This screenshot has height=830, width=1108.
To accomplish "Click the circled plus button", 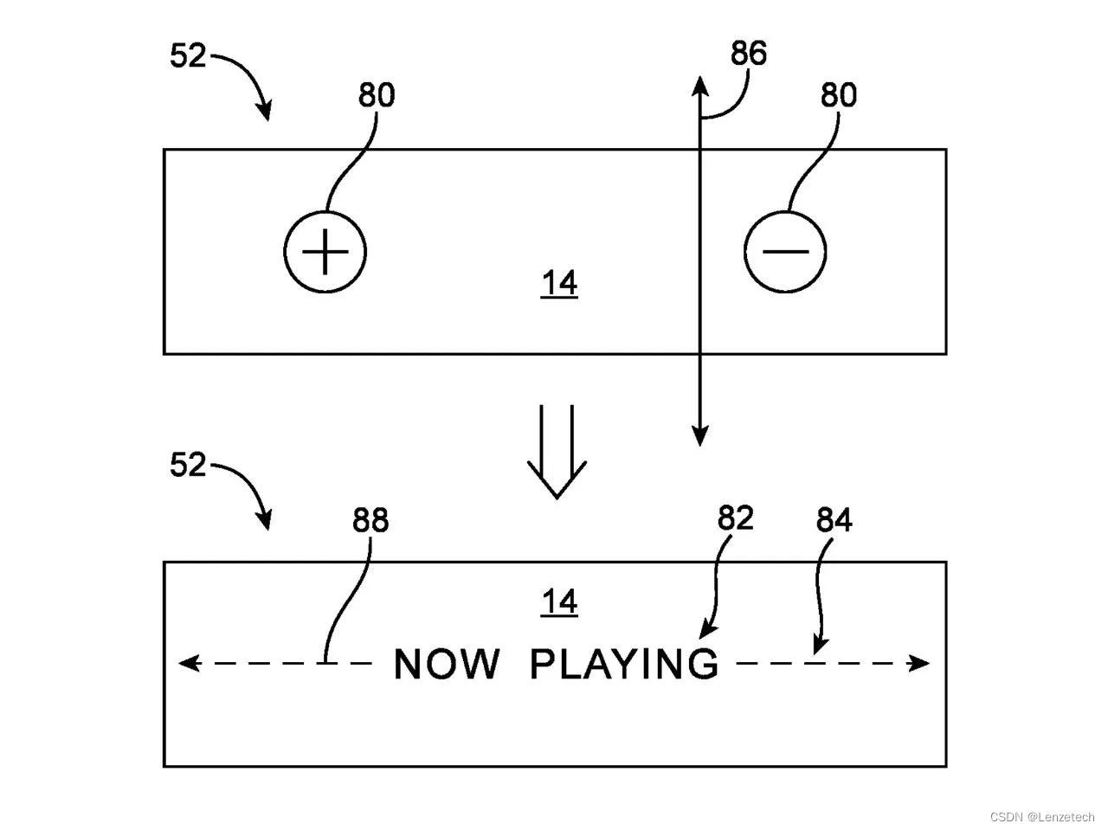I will coord(325,252).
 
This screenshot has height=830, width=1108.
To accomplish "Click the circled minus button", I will coord(785,252).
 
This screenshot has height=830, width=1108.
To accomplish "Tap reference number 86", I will coord(749,54).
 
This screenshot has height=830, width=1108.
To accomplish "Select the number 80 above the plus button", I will coord(377,95).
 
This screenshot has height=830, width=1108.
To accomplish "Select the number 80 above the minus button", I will coord(838,95).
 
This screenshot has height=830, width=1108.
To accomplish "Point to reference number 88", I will coord(370,520).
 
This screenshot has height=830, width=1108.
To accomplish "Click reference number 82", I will coord(736,518).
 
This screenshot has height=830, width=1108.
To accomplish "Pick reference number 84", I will coord(834,520).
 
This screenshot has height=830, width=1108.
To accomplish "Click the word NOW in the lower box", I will coord(447,665).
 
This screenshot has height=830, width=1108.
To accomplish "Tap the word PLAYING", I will coord(623,665).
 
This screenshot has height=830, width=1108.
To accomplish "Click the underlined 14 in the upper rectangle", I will coord(559,284).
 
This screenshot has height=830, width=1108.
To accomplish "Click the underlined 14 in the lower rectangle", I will coord(559,602).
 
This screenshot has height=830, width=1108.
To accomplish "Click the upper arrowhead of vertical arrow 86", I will coord(700,83).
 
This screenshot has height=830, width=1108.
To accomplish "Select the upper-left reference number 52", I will coord(188,56).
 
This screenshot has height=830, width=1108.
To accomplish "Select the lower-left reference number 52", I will coord(188,466).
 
